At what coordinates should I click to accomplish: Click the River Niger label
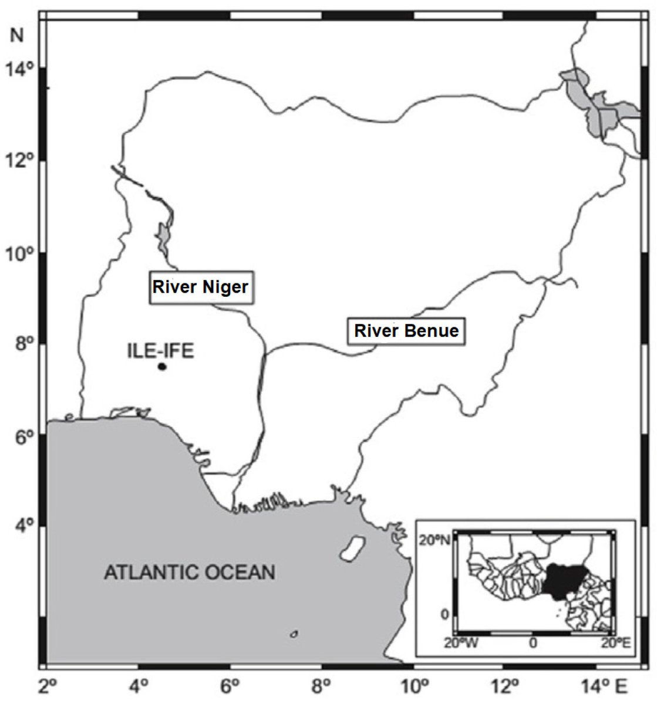201,287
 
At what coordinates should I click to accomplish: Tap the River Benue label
405,331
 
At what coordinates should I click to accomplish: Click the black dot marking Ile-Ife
162,367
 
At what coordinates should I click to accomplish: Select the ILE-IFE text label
160,351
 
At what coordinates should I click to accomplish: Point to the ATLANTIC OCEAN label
189,572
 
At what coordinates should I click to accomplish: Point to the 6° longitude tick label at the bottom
230,685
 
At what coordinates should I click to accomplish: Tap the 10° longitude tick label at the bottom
414,685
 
